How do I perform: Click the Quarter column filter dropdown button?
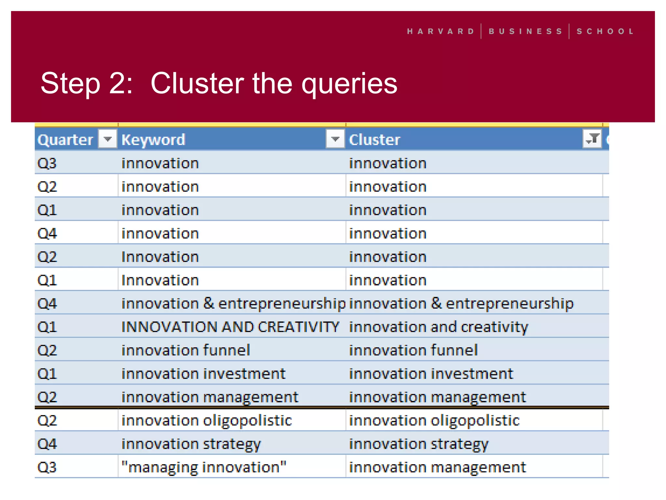click(107, 140)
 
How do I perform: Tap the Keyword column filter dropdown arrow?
click(335, 140)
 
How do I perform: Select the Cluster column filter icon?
click(592, 139)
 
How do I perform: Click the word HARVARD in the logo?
click(441, 32)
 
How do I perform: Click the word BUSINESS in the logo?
click(525, 32)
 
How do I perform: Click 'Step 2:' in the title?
click(87, 84)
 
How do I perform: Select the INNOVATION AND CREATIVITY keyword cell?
click(230, 327)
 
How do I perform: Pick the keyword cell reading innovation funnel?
click(186, 350)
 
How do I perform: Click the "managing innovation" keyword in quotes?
click(204, 467)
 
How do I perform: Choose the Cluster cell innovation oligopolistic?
click(434, 421)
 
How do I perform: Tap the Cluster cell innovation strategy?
click(419, 444)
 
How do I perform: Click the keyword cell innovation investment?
click(203, 374)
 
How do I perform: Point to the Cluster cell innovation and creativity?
click(438, 327)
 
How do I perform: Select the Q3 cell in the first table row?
click(47, 163)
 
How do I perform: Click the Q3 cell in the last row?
click(47, 467)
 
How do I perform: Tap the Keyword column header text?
click(153, 140)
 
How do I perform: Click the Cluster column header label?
click(374, 140)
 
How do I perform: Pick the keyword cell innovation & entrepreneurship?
click(233, 303)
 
